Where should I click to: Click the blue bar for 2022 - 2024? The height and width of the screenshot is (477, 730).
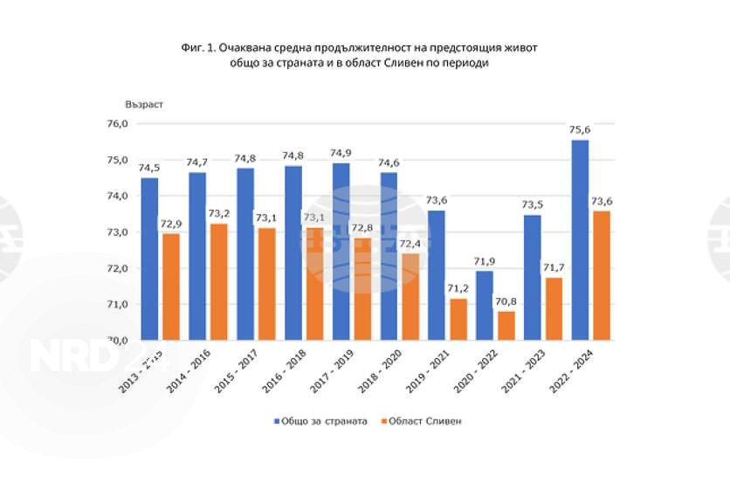pos(580,240)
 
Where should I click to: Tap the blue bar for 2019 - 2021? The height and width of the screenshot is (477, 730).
pos(436,275)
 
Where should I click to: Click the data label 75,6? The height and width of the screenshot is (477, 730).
pos(580,131)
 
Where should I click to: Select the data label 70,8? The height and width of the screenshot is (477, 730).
pos(506,302)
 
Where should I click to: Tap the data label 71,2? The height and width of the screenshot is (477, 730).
pos(457,289)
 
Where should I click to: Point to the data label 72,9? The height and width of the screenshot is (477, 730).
pos(171,224)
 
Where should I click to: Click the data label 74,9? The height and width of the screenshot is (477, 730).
pos(341,154)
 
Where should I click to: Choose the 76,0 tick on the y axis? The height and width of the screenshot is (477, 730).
pos(118,124)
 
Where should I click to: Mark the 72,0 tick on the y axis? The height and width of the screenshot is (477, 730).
pos(118,268)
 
